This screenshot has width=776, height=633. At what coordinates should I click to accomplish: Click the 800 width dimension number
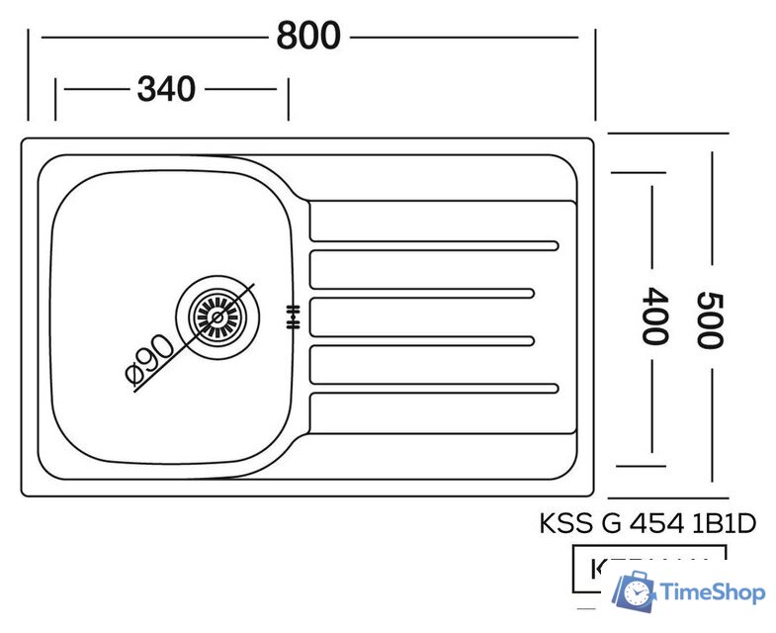(308, 37)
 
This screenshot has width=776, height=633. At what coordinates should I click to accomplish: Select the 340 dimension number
(165, 90)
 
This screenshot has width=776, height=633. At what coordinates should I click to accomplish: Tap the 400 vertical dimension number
(651, 315)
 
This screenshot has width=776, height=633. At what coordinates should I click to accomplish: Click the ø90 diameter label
(149, 360)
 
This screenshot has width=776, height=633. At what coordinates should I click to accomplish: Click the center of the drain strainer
(216, 316)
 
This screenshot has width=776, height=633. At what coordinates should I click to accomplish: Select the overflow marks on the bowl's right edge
(292, 316)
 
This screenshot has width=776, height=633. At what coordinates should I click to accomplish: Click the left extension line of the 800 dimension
(29, 74)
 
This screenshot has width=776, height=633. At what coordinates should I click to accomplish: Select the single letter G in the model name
(611, 523)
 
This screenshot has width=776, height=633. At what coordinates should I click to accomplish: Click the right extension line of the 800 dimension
(595, 74)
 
